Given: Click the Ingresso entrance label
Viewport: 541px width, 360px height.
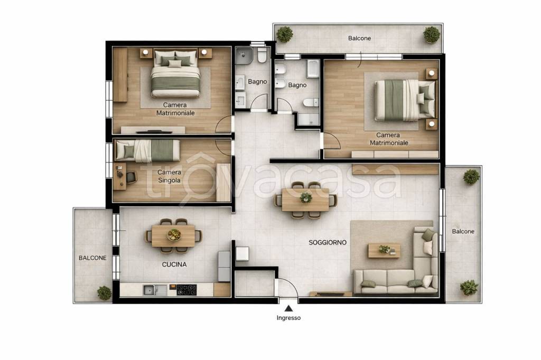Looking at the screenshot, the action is coord(288,318).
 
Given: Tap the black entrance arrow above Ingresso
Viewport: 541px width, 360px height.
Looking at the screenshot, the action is coord(289,308).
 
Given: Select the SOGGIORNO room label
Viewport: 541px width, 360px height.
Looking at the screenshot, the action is coord(328,242).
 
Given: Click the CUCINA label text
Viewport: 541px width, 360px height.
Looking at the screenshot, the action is coord(174,264).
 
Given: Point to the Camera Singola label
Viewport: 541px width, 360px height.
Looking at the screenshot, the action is coord(169,176).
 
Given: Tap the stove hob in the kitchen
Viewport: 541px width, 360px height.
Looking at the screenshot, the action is coord(186,290).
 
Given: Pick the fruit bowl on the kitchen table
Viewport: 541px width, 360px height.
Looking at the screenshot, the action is coord(174,235).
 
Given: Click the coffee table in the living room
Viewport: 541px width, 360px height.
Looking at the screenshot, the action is coord(384,250).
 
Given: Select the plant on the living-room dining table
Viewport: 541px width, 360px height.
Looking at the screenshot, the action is coord(306,197).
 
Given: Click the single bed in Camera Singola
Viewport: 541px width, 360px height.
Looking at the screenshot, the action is coord(147,150).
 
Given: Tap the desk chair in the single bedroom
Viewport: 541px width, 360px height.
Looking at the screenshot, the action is coord(132,177).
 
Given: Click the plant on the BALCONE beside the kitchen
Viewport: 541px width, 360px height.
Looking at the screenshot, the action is coord(104,293).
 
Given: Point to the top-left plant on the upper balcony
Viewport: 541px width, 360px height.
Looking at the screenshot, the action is coord(285,34).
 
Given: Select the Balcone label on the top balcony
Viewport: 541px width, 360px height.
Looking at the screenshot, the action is coord(359,39).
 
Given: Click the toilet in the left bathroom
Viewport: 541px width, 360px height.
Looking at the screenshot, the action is coord(262,55).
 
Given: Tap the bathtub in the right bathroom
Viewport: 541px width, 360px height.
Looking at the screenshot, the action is coord(313,69).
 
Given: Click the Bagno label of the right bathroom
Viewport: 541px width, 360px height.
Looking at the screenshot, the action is coord(297,85).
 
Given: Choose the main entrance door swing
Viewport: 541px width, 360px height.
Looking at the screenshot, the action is coord(287,287).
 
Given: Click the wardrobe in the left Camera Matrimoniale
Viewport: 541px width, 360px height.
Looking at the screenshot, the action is coord(120,75).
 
